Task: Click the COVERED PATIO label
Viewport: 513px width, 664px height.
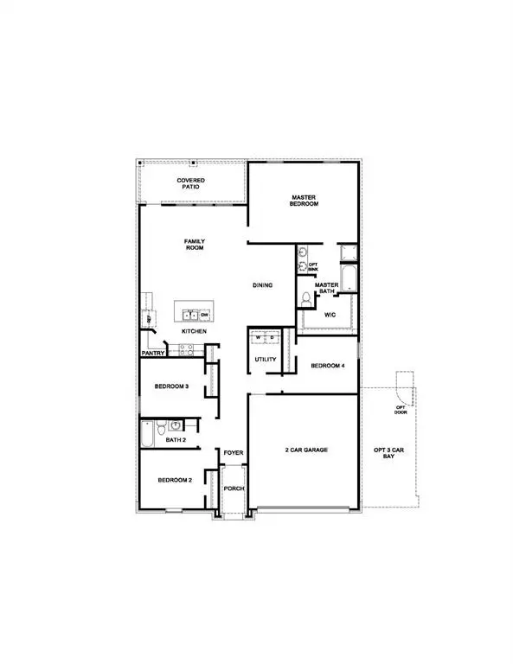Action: pos(191,183)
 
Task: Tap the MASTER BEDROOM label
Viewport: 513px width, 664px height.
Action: pos(305,201)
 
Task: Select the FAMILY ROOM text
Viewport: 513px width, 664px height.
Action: pos(193,244)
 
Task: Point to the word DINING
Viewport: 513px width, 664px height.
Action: pos(263,284)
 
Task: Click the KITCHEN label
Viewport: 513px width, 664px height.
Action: pos(193,332)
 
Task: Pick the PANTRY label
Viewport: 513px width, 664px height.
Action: pos(153,353)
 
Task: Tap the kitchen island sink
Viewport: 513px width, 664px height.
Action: pos(185,315)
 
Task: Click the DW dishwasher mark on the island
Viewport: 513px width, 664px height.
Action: pos(205,315)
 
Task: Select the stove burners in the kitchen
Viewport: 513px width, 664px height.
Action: pos(184,349)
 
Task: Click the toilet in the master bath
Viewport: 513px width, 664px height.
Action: pos(305,298)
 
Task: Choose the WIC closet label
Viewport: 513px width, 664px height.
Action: pos(330,315)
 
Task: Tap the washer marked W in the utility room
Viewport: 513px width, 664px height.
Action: pos(258,338)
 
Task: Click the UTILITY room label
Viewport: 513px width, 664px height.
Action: pos(265,360)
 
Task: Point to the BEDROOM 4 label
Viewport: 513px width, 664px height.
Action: pos(328,366)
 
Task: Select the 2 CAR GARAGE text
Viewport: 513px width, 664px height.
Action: pos(304,450)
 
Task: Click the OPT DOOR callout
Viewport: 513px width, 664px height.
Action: pos(401,410)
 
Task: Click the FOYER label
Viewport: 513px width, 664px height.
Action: pos(234,453)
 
